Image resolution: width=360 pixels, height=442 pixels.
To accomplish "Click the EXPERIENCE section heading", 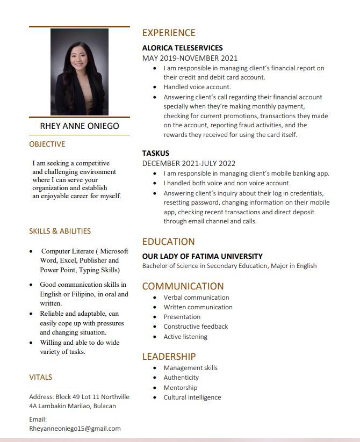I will tap(169, 33).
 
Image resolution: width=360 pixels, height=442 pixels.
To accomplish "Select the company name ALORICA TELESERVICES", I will tap(182, 48).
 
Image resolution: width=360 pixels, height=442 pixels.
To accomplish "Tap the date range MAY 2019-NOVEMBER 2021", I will tap(190, 58).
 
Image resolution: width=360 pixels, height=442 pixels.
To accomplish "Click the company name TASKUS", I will tap(156, 153).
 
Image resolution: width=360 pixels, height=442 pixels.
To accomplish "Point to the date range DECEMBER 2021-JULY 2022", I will tap(189, 163).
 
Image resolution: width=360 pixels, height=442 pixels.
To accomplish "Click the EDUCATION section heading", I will tap(168, 242).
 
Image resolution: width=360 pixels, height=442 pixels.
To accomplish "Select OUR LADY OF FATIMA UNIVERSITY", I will tap(202, 256).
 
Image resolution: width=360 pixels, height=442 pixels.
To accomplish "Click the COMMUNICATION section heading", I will tap(183, 286).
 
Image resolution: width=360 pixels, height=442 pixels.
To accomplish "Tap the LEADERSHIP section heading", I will tap(169, 357).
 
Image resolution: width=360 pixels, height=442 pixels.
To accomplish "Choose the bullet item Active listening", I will tap(185, 337).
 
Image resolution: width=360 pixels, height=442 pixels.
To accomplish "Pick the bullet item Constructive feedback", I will tap(196, 327).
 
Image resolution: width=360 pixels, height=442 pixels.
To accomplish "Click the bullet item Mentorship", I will tap(181, 388).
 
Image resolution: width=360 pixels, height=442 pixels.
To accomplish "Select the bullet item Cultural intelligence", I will tap(192, 397).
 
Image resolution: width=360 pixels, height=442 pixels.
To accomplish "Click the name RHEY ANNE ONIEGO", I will tap(80, 126).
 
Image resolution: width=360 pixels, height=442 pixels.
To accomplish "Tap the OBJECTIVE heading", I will tap(47, 144).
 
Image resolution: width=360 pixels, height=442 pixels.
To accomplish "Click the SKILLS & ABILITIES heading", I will tap(60, 231).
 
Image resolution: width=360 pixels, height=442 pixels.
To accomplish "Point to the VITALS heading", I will tap(41, 378).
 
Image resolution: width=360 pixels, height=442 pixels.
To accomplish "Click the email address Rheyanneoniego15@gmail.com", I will tap(75, 429).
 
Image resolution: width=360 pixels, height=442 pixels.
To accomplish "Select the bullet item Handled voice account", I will tap(197, 87).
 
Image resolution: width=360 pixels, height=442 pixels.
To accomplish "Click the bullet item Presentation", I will tap(182, 317).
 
